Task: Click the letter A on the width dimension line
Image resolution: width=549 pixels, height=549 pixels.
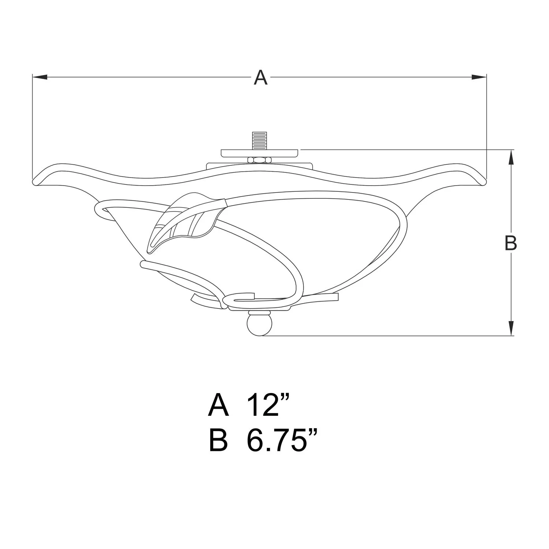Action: coord(261,78)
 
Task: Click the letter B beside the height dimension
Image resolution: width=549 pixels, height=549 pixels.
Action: coord(510,243)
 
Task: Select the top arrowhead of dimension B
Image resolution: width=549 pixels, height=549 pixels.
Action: coord(511,158)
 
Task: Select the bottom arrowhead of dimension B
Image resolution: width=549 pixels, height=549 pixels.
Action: coord(511,328)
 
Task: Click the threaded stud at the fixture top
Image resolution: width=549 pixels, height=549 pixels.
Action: coord(259,141)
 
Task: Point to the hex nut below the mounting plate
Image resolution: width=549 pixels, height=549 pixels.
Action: coord(259,160)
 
